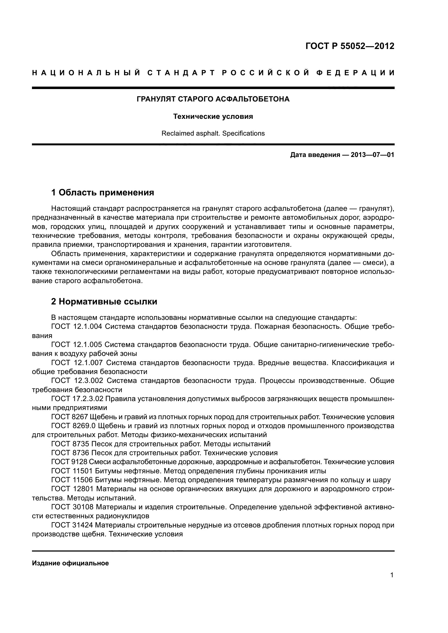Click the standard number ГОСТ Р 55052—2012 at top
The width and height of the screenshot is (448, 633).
click(x=350, y=46)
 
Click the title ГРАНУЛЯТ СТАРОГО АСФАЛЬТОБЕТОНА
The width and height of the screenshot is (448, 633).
click(x=213, y=99)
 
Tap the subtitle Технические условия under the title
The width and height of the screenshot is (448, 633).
click(x=213, y=117)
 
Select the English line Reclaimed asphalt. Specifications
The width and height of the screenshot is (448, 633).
click(x=213, y=133)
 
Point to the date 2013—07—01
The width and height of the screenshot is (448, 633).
click(x=372, y=155)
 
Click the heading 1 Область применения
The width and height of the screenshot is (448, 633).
click(x=103, y=192)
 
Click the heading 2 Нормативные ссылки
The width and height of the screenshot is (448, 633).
click(x=104, y=301)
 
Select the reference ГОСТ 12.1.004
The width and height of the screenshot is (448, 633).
click(x=77, y=327)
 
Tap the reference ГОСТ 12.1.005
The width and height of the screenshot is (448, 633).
click(x=77, y=345)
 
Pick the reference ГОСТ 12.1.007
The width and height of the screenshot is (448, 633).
click(x=77, y=363)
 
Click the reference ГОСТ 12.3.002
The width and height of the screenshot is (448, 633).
click(x=77, y=381)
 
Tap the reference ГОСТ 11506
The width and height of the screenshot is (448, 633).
click(x=72, y=480)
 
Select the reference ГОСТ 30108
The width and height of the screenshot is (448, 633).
click(x=72, y=507)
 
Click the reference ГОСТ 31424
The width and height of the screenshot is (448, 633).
click(x=72, y=525)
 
